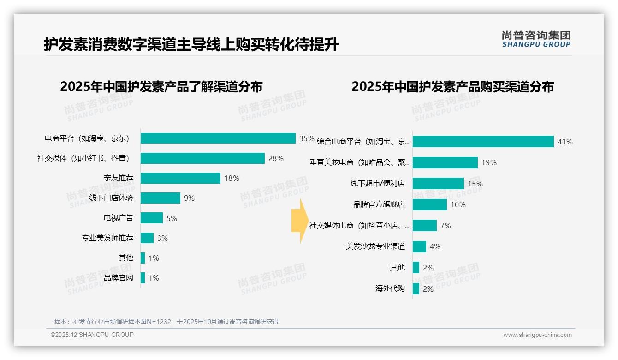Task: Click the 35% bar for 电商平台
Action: click(218, 138)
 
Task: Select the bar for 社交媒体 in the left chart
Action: click(202, 158)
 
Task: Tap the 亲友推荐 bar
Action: click(180, 178)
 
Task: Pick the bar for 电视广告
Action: click(152, 218)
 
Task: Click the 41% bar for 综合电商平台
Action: click(483, 142)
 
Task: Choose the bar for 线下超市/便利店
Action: click(438, 184)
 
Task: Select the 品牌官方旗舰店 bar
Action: click(430, 204)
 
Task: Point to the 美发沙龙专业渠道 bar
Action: click(419, 246)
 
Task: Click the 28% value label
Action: click(276, 158)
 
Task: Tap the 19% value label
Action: click(489, 162)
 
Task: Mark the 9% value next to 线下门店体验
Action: click(189, 198)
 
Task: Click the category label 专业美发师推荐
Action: click(107, 238)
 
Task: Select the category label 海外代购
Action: click(390, 288)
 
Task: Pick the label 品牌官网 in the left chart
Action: click(119, 278)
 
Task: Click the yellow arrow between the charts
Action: click(299, 221)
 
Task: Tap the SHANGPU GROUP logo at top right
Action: click(536, 39)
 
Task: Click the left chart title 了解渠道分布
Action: click(161, 87)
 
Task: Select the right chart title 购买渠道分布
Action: click(452, 87)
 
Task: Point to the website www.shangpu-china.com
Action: click(537, 335)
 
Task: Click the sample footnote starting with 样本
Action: click(166, 322)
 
